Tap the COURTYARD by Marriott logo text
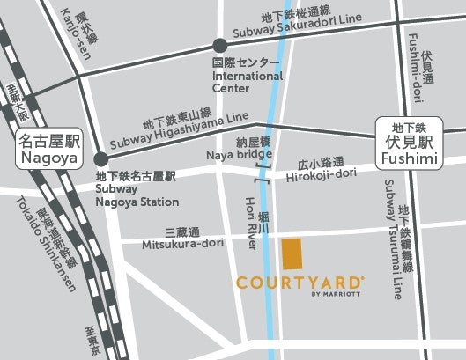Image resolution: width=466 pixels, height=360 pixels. [x=300, y=284]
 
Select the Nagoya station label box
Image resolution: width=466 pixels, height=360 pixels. [x=48, y=151]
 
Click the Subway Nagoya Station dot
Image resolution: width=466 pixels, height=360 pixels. [x=101, y=158]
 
